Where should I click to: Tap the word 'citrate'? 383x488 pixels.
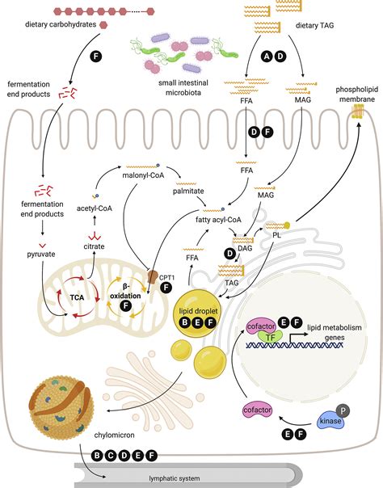click(x=95, y=245)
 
